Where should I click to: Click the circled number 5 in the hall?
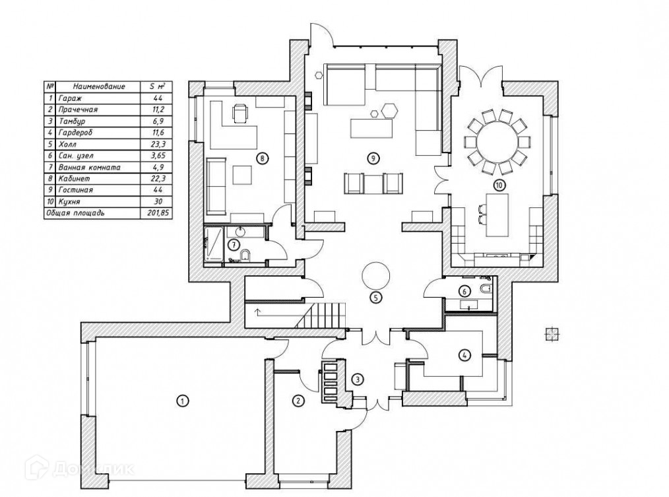point(375,297)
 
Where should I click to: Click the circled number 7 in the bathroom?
point(233,245)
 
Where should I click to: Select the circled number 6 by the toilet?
point(464,290)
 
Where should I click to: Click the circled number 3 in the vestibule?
point(357,379)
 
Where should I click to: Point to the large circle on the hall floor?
point(376,274)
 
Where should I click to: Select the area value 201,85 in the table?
point(153,213)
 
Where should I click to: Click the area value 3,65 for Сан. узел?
point(153,156)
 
